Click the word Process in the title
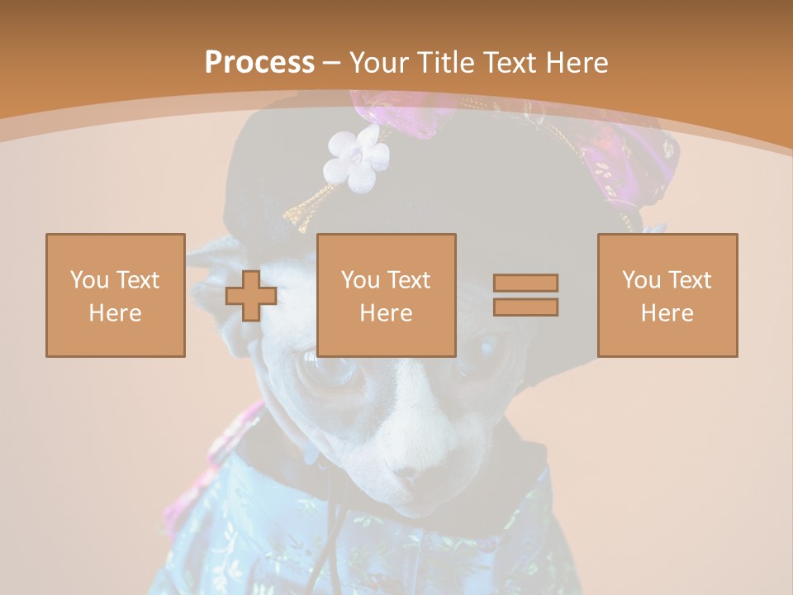[259, 63]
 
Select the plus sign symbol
[251, 295]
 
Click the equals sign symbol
[525, 295]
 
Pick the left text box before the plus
[116, 295]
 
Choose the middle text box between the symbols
[387, 295]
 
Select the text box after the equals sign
[667, 295]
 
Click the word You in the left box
[89, 280]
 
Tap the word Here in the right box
[667, 313]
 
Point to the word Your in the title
[381, 63]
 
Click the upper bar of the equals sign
[525, 283]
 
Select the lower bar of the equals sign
[525, 307]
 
